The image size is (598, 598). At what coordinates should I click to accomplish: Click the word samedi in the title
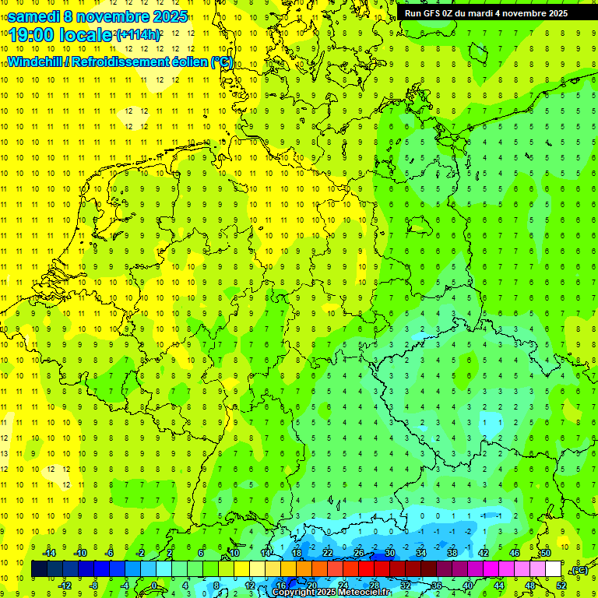[x=33, y=16]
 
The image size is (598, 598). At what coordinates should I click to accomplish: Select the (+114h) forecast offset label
[x=138, y=35]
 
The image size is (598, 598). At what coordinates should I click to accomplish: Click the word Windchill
[x=37, y=62]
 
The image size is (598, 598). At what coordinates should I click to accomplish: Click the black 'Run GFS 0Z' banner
[x=486, y=12]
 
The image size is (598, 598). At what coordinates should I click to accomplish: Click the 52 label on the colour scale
[x=561, y=586]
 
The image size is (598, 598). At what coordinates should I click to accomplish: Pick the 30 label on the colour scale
[x=389, y=553]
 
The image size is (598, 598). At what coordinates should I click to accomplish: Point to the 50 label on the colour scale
[x=545, y=553]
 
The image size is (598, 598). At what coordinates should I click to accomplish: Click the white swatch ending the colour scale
[x=553, y=569]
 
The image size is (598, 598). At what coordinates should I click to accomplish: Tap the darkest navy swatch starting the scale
[x=39, y=569]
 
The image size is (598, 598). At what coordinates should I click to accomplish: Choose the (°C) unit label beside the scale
[x=579, y=570]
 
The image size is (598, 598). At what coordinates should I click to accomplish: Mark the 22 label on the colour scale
[x=327, y=553]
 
